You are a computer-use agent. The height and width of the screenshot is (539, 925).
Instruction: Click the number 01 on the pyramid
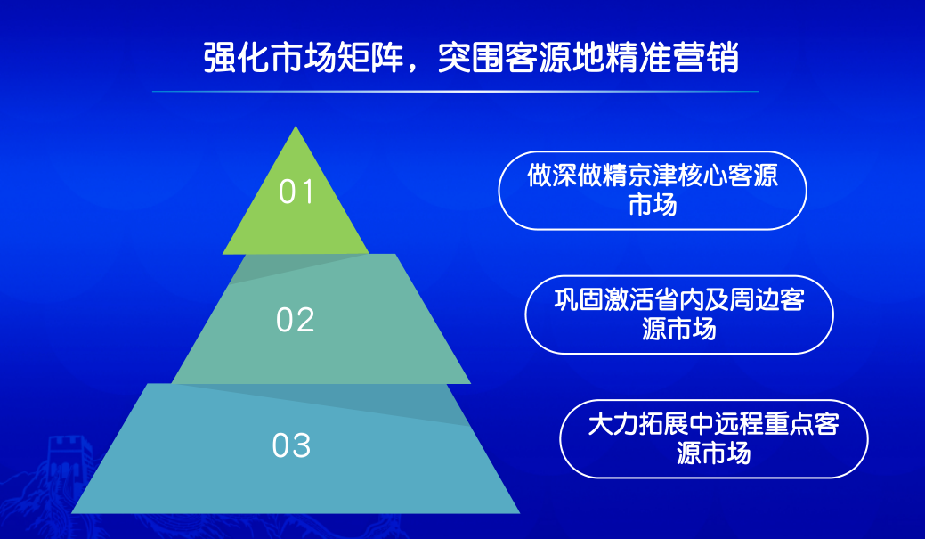pos(296,192)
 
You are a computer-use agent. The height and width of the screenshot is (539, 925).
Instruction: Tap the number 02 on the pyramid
pos(296,320)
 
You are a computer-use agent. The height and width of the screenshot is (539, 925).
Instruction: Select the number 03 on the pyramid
pos(291,445)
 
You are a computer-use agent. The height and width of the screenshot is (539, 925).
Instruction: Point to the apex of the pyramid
pos(296,127)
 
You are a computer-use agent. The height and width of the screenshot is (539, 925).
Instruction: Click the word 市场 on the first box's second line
pos(653,206)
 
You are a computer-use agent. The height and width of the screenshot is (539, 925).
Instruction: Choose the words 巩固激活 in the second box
pos(604,300)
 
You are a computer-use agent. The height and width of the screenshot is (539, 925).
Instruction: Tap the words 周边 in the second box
pos(754,300)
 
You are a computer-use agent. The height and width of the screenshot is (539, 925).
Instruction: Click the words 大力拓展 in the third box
pos(638,424)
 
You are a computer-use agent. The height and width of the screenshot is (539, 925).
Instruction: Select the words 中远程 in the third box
pos(726,424)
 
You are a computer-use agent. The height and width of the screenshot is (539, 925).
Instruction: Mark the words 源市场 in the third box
pos(713,453)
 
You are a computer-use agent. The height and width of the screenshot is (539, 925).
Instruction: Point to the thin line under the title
pos(455,92)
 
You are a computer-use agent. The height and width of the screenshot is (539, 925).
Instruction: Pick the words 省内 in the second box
pos(678,300)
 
